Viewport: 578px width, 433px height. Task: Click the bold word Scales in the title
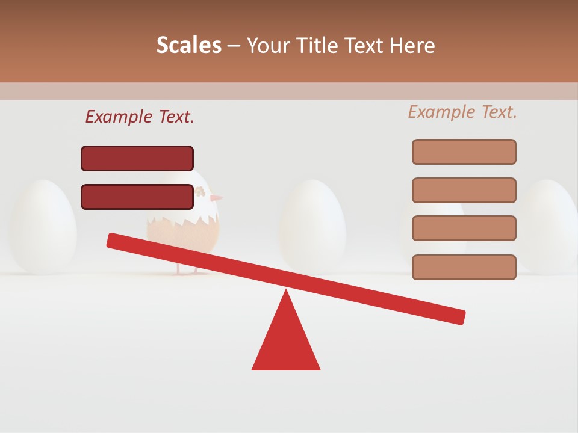point(189,45)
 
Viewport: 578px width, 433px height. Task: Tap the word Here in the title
point(412,45)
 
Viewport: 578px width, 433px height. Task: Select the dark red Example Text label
point(140,117)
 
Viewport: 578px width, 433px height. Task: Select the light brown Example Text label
point(462,112)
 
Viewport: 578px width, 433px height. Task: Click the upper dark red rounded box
point(137,158)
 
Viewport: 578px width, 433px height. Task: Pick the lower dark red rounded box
point(137,197)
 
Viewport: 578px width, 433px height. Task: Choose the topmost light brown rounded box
point(464,152)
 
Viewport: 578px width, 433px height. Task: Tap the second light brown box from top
point(464,190)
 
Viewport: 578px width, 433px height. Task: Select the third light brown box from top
point(464,228)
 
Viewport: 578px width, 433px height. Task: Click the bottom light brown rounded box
point(464,267)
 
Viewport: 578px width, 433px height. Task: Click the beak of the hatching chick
point(217,197)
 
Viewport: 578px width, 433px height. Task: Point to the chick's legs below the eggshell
point(187,269)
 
